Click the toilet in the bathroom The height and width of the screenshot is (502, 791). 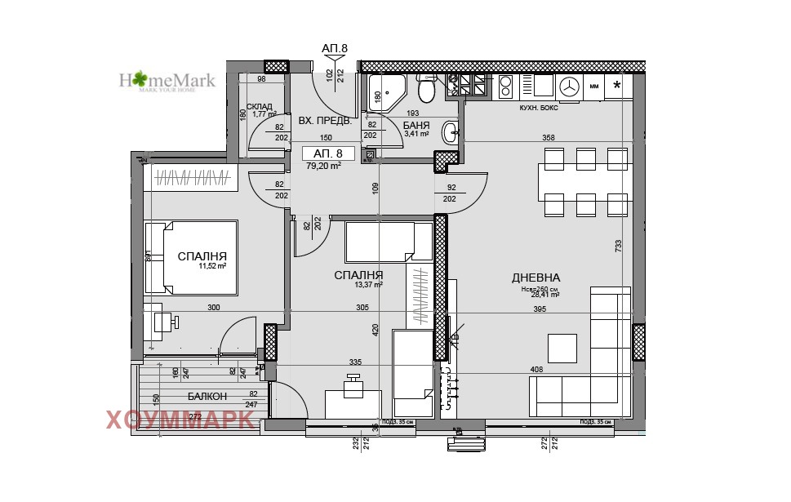tap(426, 87)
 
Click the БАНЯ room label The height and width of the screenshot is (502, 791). tap(416, 126)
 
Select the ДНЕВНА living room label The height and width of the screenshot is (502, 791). tap(536, 278)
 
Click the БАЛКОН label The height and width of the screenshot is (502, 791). tap(207, 396)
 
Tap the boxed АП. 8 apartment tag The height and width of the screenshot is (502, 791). tap(328, 153)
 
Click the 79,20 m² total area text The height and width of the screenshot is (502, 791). tap(323, 166)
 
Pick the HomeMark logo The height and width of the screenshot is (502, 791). tap(167, 81)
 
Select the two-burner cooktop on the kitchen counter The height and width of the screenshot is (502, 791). tap(504, 85)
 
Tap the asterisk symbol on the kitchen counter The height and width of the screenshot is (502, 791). tap(617, 85)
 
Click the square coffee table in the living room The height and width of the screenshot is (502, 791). tap(562, 348)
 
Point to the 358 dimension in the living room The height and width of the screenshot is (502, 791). tap(548, 138)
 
